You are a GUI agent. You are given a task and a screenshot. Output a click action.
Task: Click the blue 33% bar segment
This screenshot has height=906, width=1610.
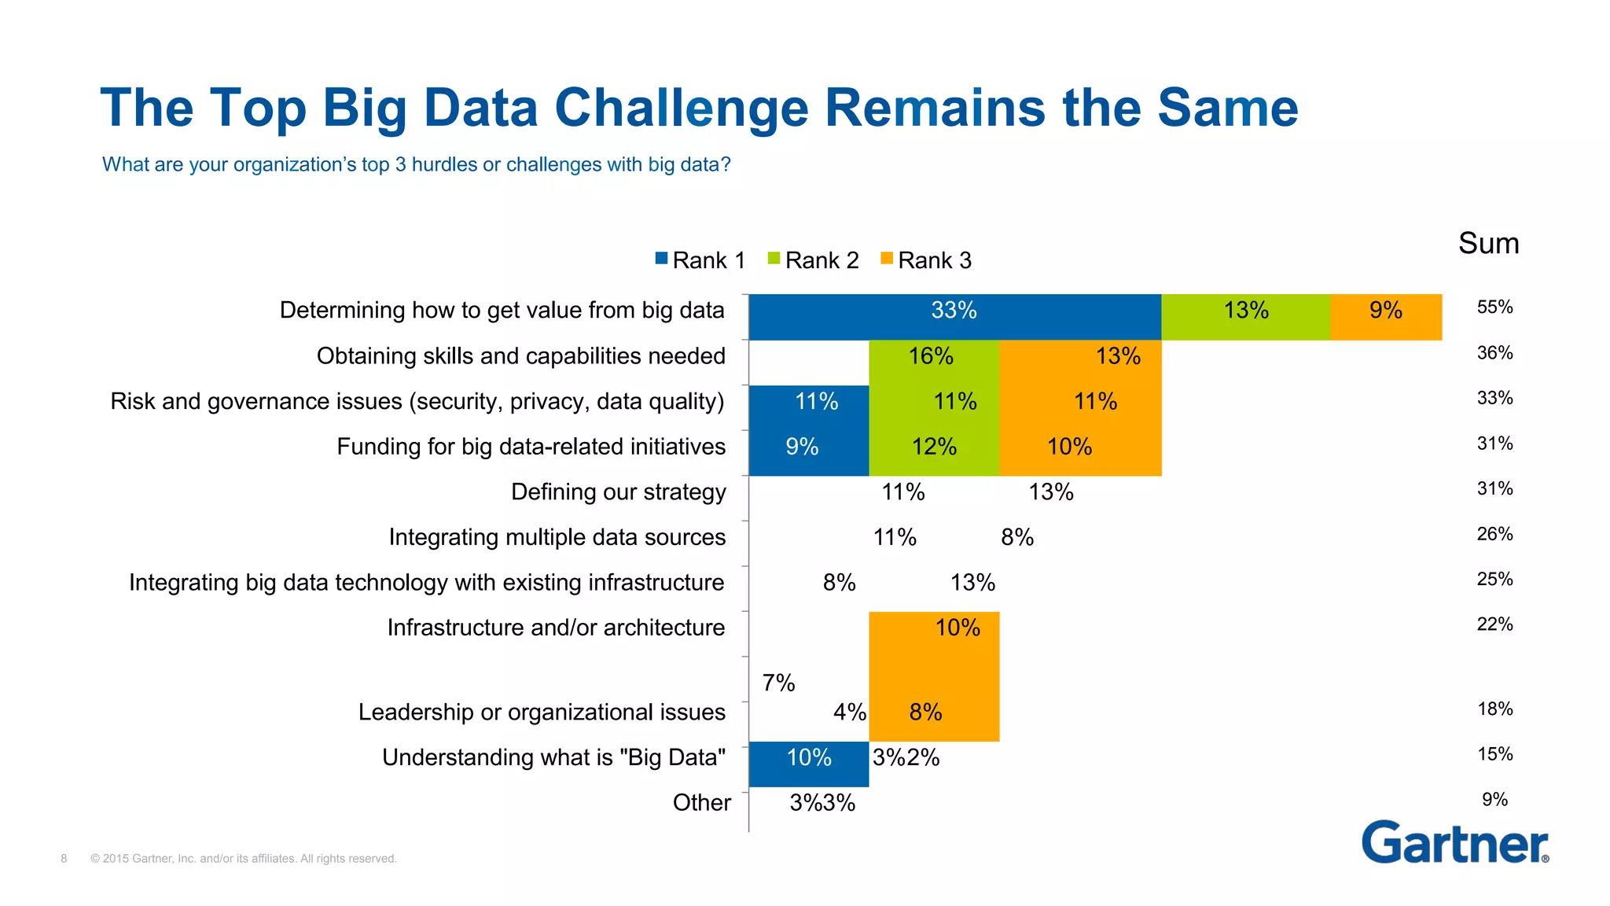pos(954,317)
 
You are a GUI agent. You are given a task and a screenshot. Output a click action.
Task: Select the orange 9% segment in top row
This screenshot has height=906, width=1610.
pos(1386,317)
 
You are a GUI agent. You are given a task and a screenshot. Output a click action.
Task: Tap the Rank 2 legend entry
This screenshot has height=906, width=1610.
pos(814,260)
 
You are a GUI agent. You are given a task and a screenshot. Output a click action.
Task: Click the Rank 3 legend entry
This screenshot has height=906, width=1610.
pos(927,260)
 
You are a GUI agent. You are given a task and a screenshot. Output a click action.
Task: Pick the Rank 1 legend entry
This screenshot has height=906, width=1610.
pos(700,260)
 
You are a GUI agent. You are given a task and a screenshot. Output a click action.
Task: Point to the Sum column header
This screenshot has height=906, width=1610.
pos(1488,243)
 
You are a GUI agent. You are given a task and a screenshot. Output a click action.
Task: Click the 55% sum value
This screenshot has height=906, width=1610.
pos(1494,308)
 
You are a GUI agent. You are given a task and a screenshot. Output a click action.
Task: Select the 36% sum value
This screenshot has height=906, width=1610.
pos(1494,353)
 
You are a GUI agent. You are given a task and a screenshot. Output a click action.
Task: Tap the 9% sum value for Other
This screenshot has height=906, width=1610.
pos(1494,800)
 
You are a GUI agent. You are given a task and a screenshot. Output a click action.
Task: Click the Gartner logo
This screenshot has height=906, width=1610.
pos(1454,843)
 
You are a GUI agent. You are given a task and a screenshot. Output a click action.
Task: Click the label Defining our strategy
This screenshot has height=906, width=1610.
pos(618,492)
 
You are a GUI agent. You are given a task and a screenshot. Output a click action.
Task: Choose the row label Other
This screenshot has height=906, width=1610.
pos(701,803)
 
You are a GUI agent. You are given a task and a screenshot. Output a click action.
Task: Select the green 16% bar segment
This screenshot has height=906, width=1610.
pos(933,363)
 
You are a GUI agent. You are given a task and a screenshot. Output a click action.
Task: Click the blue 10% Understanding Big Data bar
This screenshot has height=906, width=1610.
pos(808,764)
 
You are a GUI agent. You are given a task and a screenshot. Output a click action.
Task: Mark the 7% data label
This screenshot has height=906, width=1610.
pos(778,683)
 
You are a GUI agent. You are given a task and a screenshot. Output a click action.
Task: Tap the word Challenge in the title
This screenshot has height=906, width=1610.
pos(682,108)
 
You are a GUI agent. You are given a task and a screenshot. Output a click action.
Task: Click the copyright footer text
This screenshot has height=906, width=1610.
pos(243,859)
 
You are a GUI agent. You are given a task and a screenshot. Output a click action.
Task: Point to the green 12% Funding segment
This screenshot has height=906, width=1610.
pos(933,453)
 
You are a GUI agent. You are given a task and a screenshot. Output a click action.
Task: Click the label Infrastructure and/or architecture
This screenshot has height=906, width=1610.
pos(556,628)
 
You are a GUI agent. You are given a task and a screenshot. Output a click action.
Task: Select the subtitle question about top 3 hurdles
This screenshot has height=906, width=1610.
pos(416,164)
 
